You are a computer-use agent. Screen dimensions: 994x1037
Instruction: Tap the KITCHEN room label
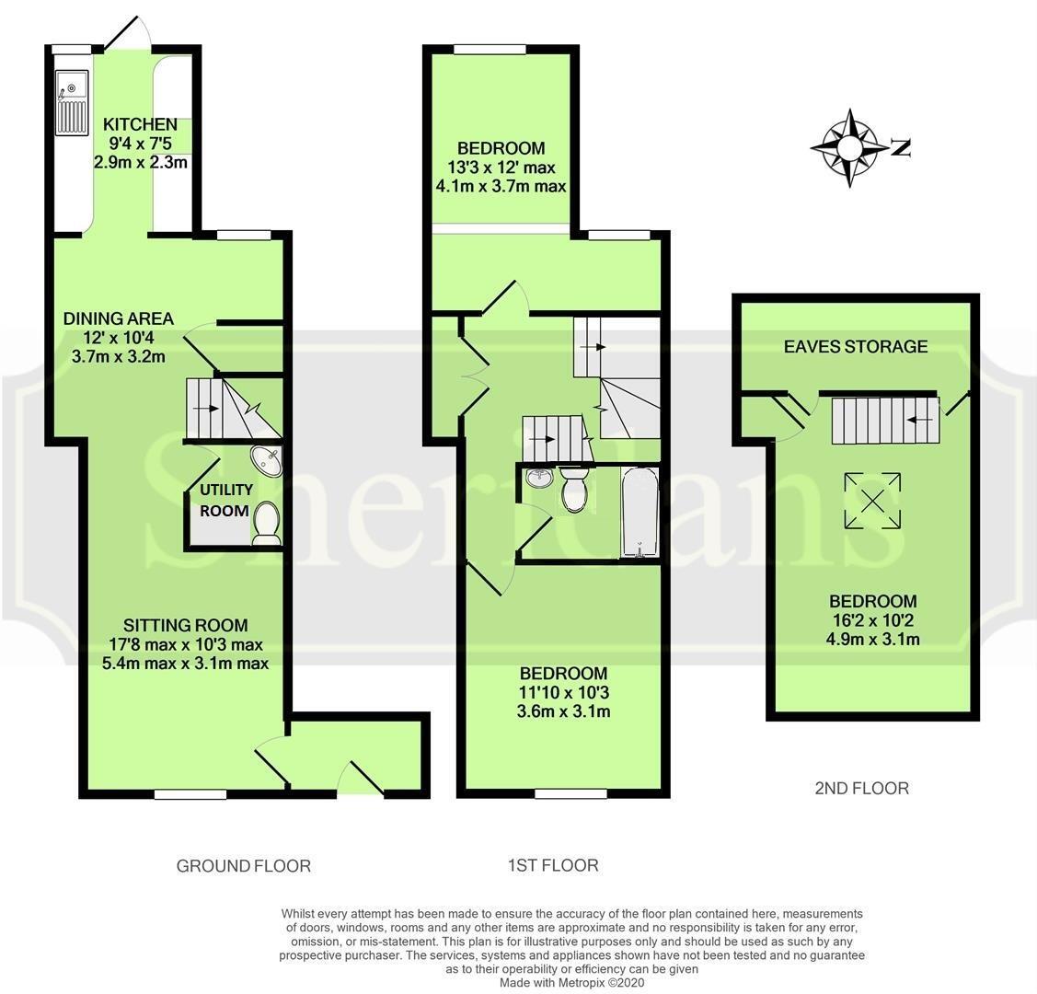pyautogui.click(x=140, y=125)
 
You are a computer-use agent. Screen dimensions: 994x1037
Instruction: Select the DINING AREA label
pyautogui.click(x=118, y=319)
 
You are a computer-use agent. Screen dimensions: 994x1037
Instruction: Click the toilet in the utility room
pyautogui.click(x=267, y=521)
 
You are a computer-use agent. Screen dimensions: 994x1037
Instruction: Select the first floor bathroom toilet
pyautogui.click(x=574, y=489)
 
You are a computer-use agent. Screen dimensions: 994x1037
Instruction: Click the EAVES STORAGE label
pyautogui.click(x=856, y=347)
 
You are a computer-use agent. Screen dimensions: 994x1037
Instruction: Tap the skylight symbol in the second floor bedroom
pyautogui.click(x=871, y=502)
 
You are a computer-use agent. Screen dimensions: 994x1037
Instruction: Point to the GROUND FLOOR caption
pyautogui.click(x=244, y=866)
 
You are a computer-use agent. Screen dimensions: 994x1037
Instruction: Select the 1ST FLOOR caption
pyautogui.click(x=553, y=865)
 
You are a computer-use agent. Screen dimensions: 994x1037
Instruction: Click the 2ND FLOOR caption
pyautogui.click(x=862, y=788)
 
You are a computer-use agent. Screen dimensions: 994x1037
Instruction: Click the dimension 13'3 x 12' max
pyautogui.click(x=501, y=168)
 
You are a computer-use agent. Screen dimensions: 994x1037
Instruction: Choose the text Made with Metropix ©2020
pyautogui.click(x=572, y=983)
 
